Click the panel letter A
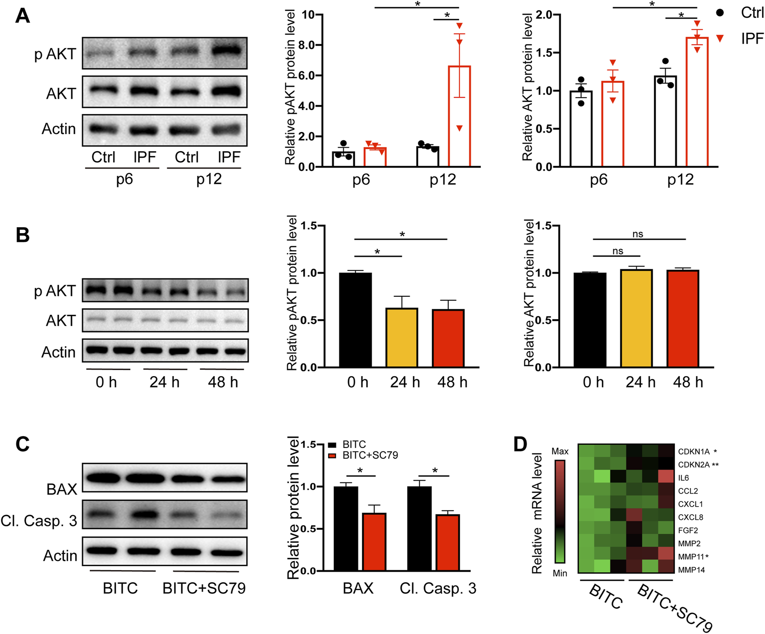pyautogui.click(x=22, y=16)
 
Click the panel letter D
pyautogui.click(x=521, y=444)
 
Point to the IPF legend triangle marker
pyautogui.click(x=720, y=39)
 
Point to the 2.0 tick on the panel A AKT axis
pyautogui.click(x=544, y=15)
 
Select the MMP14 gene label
pyautogui.click(x=691, y=570)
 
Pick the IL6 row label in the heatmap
pyautogui.click(x=683, y=478)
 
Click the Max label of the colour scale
pyautogui.click(x=560, y=451)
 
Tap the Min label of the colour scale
pyautogui.click(x=560, y=573)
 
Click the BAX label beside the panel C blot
pyautogui.click(x=62, y=489)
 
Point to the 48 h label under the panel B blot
pyautogui.click(x=223, y=382)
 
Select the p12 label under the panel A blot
pyautogui.click(x=209, y=179)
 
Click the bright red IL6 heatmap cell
pyautogui.click(x=666, y=476)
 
